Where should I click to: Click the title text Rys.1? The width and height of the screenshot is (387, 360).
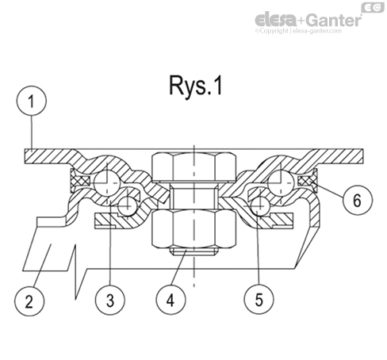[193, 86]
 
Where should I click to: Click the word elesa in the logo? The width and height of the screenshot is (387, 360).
[274, 20]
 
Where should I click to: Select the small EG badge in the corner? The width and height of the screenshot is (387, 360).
[372, 7]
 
